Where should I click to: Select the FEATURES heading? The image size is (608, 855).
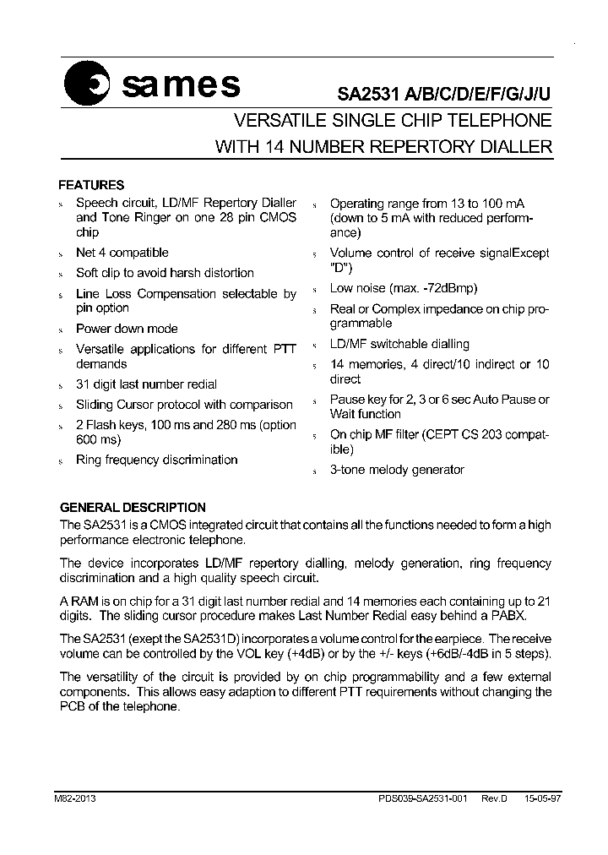click(90, 185)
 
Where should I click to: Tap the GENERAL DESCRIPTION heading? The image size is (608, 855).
click(132, 508)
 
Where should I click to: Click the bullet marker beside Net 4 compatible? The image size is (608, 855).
click(61, 253)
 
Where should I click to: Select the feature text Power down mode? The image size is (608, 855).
click(127, 329)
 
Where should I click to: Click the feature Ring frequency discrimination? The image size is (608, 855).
click(156, 460)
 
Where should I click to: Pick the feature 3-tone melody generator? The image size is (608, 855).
click(397, 470)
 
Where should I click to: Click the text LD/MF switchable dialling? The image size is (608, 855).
click(399, 344)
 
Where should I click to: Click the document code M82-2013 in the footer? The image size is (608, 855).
click(78, 798)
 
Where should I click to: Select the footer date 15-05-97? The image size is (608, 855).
click(536, 798)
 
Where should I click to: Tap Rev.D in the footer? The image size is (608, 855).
click(493, 798)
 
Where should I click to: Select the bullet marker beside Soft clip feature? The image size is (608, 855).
click(61, 274)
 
